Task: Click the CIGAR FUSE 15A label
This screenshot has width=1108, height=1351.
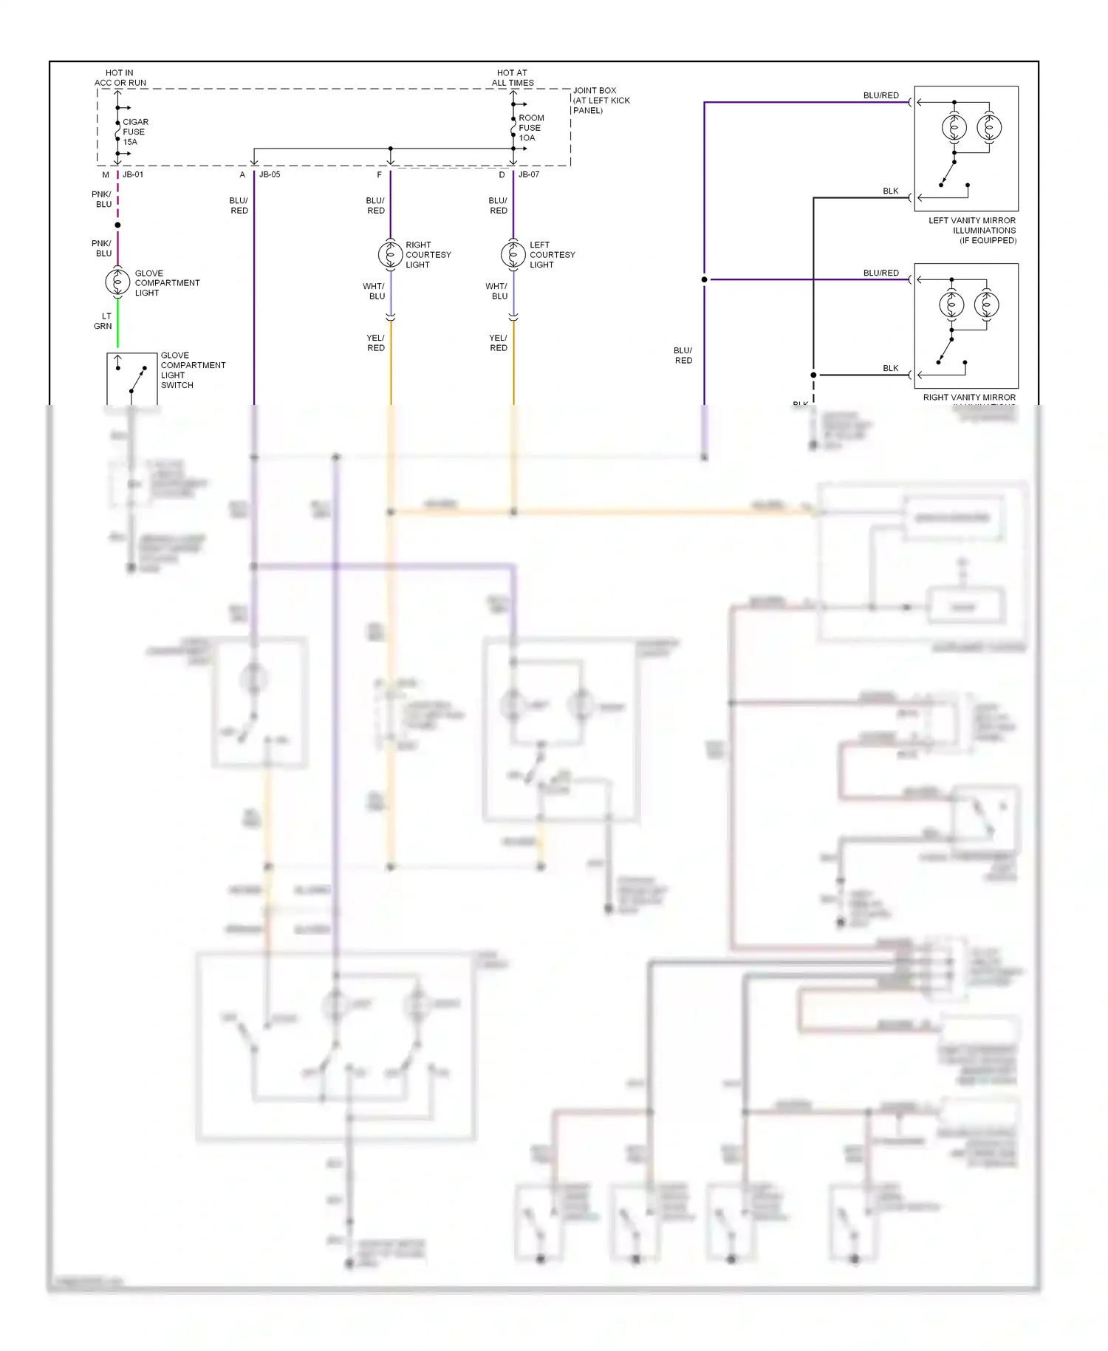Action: tap(134, 132)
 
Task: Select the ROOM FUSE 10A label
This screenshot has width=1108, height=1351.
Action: tap(530, 128)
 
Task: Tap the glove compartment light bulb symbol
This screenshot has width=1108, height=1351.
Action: tap(117, 282)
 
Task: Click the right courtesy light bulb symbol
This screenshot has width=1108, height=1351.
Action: tap(390, 254)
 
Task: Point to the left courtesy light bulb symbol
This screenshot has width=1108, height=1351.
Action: tap(513, 254)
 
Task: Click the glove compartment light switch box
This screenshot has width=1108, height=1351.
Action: tap(132, 378)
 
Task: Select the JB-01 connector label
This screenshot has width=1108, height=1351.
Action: tap(133, 175)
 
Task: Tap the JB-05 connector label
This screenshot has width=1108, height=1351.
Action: tap(270, 175)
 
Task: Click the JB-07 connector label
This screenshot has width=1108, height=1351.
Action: tap(529, 175)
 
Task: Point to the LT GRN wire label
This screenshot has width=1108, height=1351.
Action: tap(103, 321)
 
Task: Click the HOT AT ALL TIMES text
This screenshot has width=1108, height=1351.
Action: tap(513, 78)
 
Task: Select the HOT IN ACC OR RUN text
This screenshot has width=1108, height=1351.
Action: tap(120, 78)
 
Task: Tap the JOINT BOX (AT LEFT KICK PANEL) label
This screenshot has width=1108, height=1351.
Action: tap(601, 101)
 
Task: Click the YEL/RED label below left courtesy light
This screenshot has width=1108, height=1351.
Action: tap(498, 343)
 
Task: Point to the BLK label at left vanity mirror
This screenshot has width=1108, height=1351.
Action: tap(891, 191)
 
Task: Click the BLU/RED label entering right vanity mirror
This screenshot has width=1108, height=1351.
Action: tap(880, 273)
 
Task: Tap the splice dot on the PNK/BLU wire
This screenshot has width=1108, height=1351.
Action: tap(117, 225)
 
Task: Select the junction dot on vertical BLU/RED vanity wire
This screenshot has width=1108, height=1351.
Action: tap(704, 279)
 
